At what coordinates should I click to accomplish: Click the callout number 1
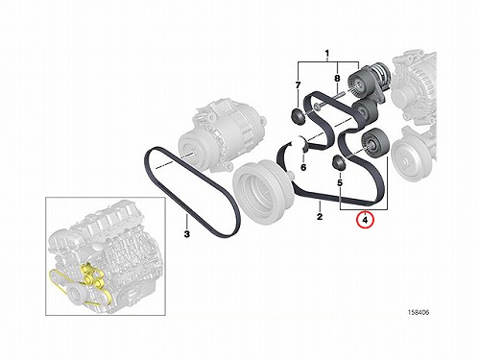(x=326, y=53)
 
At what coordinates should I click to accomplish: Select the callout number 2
(x=320, y=217)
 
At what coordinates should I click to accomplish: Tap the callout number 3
(x=187, y=234)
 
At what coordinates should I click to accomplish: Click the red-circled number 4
(x=366, y=220)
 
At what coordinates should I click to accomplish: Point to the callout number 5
(x=340, y=182)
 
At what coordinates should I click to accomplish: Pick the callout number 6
(x=303, y=167)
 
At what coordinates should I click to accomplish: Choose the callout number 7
(x=298, y=85)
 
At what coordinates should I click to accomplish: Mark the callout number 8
(x=337, y=78)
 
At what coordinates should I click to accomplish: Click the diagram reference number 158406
(x=419, y=312)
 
